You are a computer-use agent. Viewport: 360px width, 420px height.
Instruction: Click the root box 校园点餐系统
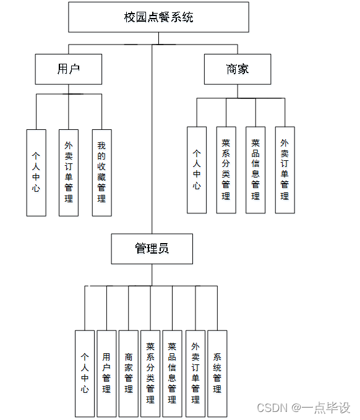158,17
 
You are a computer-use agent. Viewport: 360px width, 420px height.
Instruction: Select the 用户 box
68,69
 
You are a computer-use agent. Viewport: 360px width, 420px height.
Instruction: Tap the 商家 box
238,69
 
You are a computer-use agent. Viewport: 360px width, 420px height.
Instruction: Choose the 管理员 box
152,249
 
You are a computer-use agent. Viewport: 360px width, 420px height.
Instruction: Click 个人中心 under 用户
36,172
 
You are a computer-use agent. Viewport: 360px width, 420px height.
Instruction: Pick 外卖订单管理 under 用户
69,172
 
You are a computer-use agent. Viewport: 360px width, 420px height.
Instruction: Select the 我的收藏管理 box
101,172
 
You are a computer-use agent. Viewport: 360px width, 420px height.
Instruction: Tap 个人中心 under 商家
197,169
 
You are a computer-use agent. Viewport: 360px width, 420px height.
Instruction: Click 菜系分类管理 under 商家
226,169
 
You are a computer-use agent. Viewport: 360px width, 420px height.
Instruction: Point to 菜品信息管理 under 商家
255,169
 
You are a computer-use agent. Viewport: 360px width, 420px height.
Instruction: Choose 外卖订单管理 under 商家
285,169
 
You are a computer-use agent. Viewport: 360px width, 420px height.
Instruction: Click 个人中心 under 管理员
85,373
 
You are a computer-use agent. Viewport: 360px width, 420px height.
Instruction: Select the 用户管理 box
106,373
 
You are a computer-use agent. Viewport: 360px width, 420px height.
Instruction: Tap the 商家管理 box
129,373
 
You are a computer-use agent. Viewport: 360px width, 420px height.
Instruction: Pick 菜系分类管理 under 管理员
150,373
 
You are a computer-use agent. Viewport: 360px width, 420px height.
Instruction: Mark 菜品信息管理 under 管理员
173,373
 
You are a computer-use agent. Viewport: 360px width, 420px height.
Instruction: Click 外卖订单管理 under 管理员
195,373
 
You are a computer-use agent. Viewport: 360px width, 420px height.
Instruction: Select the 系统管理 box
217,373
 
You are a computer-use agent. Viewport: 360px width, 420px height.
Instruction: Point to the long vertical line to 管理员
152,142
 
